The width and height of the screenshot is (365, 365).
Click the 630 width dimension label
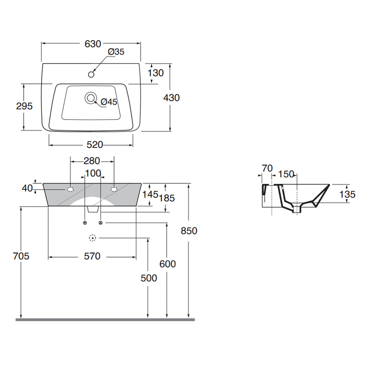coord(93,43)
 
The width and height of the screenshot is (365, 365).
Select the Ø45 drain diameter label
coord(109,102)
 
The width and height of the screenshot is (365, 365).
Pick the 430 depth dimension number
coord(171,97)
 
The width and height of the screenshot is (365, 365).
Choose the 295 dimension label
coord(24,106)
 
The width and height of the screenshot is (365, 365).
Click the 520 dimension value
coord(94,145)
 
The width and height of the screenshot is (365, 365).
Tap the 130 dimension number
coord(155,73)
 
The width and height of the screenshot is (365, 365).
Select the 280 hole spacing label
coord(92,161)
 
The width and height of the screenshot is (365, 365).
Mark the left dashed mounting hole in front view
coord(70,189)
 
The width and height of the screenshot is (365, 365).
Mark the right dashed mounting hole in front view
coord(114,189)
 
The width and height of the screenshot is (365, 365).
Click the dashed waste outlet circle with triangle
coord(93,238)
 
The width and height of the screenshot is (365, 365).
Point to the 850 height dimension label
coord(189,231)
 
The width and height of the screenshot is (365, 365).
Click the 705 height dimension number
coord(21,256)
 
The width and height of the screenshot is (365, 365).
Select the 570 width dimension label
coord(92,256)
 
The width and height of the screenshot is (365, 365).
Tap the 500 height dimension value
coord(149,278)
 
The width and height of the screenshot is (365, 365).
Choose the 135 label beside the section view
coord(348,194)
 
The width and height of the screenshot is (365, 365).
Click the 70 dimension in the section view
coord(267,169)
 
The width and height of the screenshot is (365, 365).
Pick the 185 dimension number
coord(167,198)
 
